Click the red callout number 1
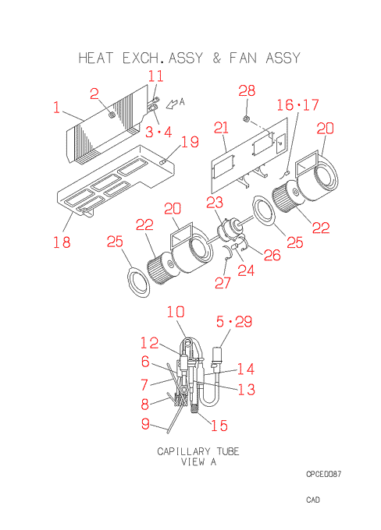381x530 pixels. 56,108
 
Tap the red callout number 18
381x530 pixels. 62,242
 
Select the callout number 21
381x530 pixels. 222,128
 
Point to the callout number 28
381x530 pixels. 247,90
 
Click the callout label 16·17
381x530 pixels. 297,104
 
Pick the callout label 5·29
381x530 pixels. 234,321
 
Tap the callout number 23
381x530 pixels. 215,202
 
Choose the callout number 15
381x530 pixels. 219,426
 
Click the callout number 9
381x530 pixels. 145,423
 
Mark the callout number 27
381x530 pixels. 223,283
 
